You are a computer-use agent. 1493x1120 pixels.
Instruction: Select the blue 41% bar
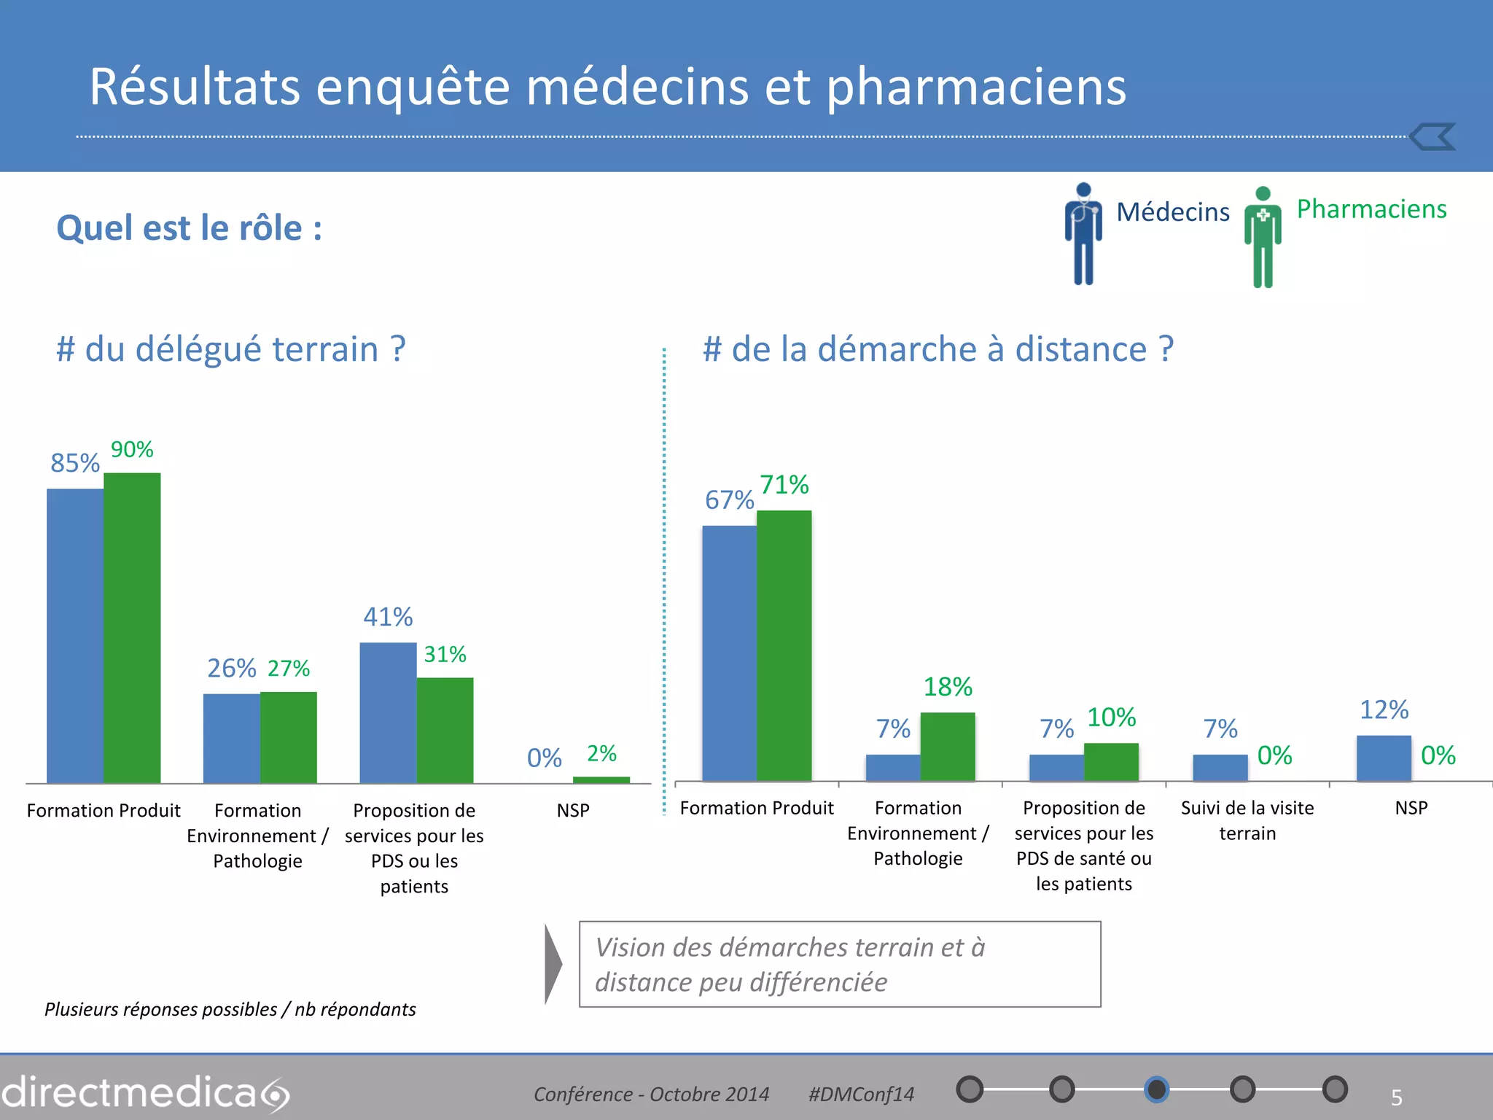pyautogui.click(x=388, y=712)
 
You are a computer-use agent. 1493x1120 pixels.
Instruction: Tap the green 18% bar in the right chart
pyautogui.click(x=947, y=746)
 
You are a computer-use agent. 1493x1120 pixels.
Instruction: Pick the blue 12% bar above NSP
pyautogui.click(x=1383, y=758)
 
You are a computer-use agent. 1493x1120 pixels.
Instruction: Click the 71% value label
pyautogui.click(x=784, y=485)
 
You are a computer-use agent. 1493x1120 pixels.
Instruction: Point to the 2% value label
pyautogui.click(x=601, y=753)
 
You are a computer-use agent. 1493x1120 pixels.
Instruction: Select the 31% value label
pyautogui.click(x=445, y=654)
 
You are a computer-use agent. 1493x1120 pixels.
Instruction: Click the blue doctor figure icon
pyautogui.click(x=1083, y=233)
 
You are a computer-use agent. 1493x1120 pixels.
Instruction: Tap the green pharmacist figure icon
pyautogui.click(x=1263, y=237)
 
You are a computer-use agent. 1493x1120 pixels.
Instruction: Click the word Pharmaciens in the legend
pyautogui.click(x=1371, y=209)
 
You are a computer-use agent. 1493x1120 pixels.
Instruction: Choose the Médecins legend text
pyautogui.click(x=1172, y=212)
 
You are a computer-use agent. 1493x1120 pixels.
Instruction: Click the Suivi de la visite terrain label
pyautogui.click(x=1247, y=820)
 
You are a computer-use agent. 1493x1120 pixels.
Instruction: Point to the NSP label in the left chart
pyautogui.click(x=573, y=810)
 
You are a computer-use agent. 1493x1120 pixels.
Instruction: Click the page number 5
pyautogui.click(x=1396, y=1097)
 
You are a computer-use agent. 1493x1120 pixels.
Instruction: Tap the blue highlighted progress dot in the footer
pyautogui.click(x=1156, y=1089)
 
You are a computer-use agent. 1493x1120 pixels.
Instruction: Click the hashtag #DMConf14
pyautogui.click(x=860, y=1094)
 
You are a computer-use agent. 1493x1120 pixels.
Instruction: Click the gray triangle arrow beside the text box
pyautogui.click(x=553, y=964)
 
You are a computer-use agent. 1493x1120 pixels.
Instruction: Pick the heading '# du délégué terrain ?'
pyautogui.click(x=230, y=349)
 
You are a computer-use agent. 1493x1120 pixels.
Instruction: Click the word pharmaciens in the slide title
pyautogui.click(x=975, y=87)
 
